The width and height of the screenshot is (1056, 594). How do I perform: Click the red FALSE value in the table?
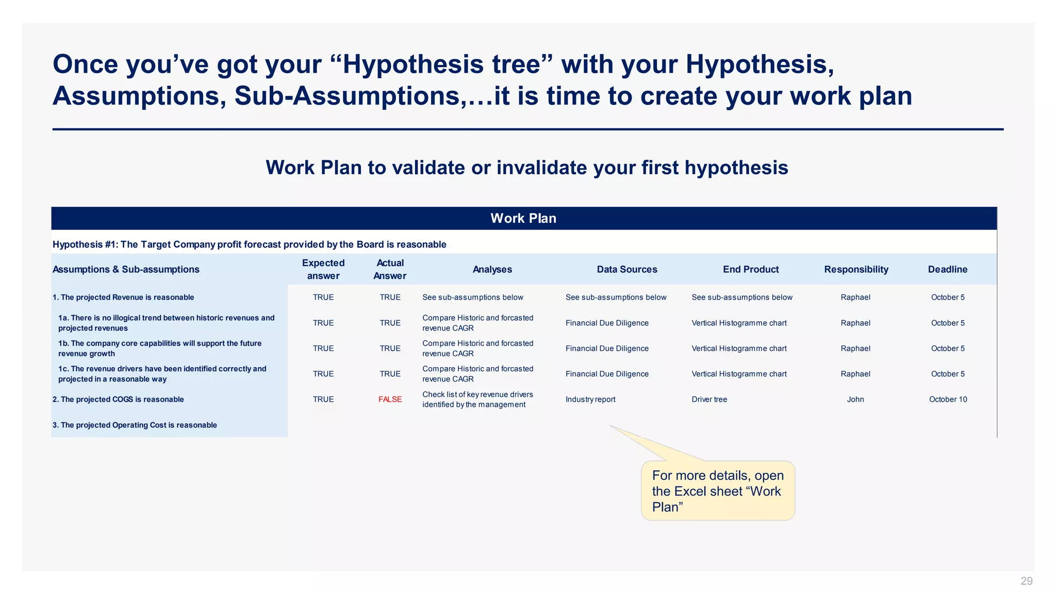(390, 399)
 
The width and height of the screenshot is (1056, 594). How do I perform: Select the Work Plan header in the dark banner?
(523, 218)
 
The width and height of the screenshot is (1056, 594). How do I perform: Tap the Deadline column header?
(947, 269)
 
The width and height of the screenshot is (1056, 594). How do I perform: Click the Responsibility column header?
(855, 269)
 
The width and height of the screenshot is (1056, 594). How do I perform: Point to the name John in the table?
(855, 399)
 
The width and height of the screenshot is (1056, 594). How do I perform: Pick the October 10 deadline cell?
(947, 399)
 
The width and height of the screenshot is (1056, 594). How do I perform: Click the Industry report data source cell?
(590, 399)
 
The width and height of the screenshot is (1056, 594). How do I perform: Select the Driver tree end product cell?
(709, 399)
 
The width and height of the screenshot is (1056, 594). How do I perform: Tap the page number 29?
(1026, 581)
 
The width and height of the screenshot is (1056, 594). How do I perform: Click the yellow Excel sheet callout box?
(717, 491)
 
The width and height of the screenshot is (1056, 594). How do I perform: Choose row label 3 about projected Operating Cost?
(135, 425)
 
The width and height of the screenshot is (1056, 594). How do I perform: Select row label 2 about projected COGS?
(118, 399)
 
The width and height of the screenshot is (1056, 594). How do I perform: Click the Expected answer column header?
(323, 269)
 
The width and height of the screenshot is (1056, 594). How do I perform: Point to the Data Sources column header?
(626, 269)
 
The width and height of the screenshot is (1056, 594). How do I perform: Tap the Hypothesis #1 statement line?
(249, 244)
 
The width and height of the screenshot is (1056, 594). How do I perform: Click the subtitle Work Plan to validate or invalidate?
(526, 168)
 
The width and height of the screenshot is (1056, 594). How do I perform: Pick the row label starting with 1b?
(160, 348)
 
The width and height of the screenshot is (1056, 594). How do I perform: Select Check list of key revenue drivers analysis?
(477, 399)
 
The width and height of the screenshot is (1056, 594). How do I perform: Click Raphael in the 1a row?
(855, 323)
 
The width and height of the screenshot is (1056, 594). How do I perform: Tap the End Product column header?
(750, 269)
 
